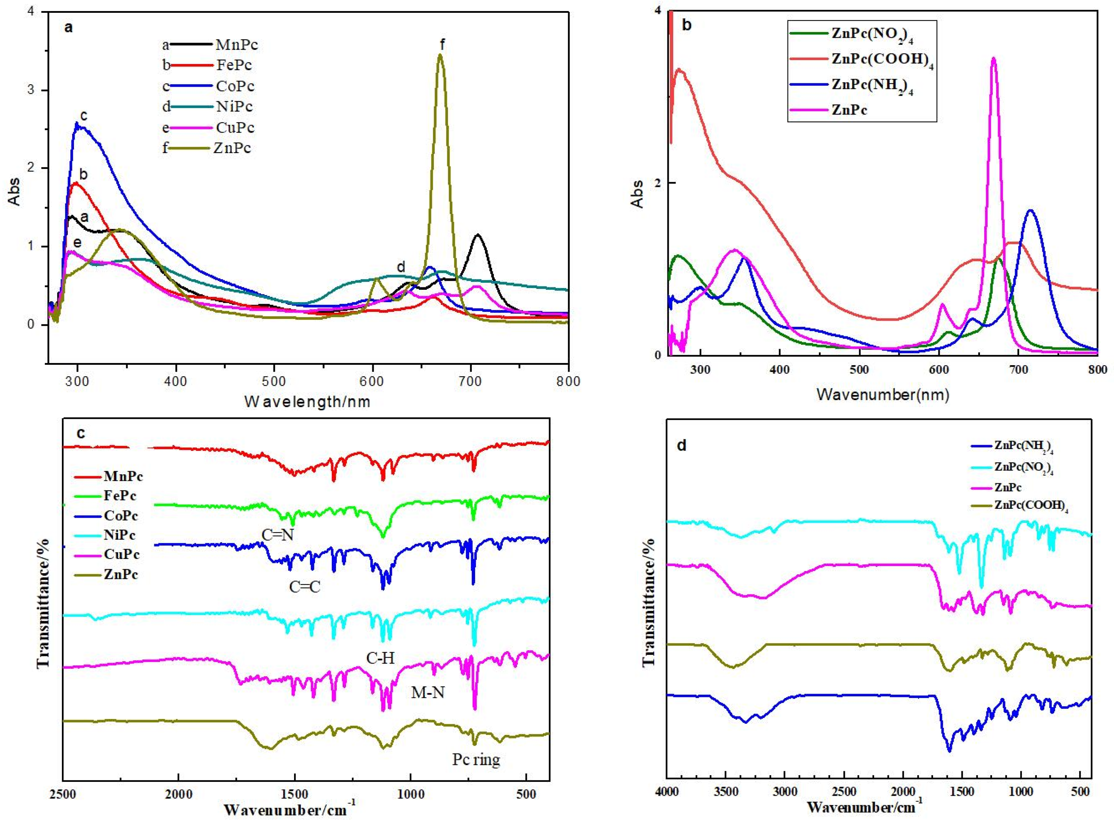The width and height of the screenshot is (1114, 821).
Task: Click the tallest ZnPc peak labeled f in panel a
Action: (440, 56)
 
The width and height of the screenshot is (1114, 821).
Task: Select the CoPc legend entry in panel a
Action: (235, 86)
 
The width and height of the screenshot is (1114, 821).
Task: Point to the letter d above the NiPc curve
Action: (401, 267)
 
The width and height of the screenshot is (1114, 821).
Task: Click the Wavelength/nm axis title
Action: (308, 401)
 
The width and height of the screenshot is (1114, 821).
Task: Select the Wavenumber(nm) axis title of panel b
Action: (883, 395)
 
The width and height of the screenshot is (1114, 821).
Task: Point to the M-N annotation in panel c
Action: (428, 692)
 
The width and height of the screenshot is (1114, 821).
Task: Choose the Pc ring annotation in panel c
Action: (475, 760)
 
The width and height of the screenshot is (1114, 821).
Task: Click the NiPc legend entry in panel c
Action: (119, 535)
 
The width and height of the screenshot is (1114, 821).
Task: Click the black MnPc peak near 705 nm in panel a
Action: (478, 235)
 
